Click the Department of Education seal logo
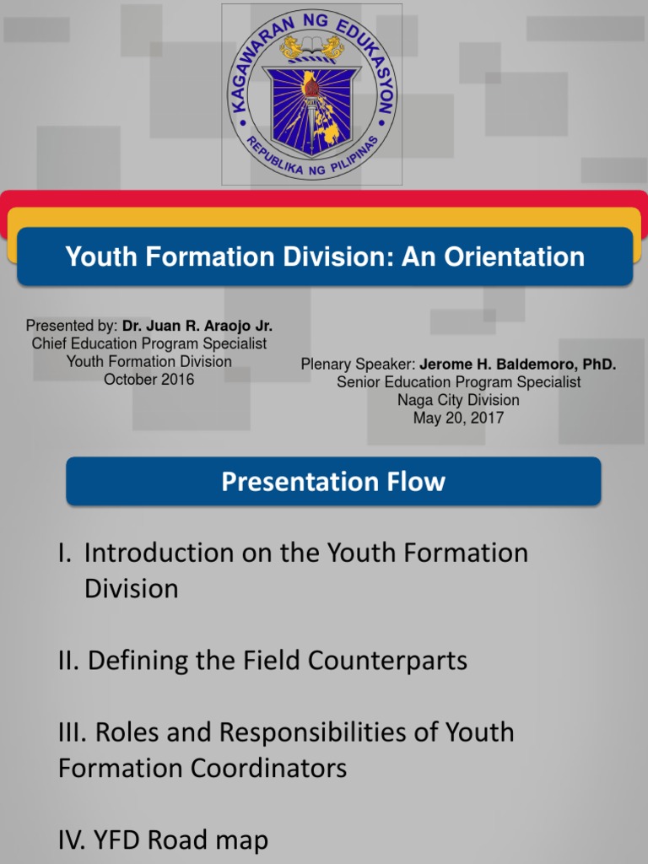click(x=312, y=94)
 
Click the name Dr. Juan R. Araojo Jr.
click(x=197, y=326)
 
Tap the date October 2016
click(x=148, y=379)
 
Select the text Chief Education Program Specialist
click(x=148, y=343)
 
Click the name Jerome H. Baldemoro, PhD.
click(x=518, y=364)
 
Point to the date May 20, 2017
click(x=458, y=418)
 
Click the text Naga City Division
click(x=458, y=400)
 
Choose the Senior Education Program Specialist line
click(x=458, y=382)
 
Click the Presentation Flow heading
click(x=333, y=482)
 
